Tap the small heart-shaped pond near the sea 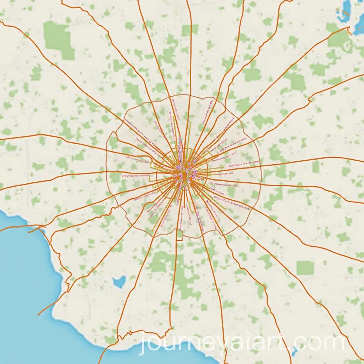119,282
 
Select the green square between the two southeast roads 305,268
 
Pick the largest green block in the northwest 58,39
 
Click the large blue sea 25,284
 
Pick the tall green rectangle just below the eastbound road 315,167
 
